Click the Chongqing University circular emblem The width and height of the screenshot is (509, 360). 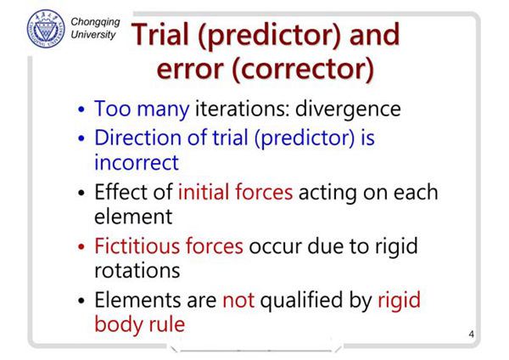tap(46, 29)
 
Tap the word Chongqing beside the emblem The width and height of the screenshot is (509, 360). tap(95, 22)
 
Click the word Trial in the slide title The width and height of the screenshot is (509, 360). tap(160, 35)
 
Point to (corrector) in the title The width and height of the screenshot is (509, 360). tap(303, 70)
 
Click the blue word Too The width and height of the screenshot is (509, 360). tap(113, 109)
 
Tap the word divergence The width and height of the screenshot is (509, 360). tap(348, 110)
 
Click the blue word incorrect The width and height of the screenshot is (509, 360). tap(137, 162)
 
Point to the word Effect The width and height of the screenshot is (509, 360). tap(121, 192)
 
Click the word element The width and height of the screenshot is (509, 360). tap(133, 217)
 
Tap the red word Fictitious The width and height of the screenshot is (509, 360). tap(137, 246)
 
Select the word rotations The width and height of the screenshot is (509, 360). tap(137, 271)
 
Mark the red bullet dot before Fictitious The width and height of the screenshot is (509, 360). tap(81, 247)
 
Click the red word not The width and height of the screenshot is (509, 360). tap(238, 301)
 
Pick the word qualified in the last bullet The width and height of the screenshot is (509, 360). tap(301, 301)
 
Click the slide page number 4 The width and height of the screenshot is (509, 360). tap(472, 334)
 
